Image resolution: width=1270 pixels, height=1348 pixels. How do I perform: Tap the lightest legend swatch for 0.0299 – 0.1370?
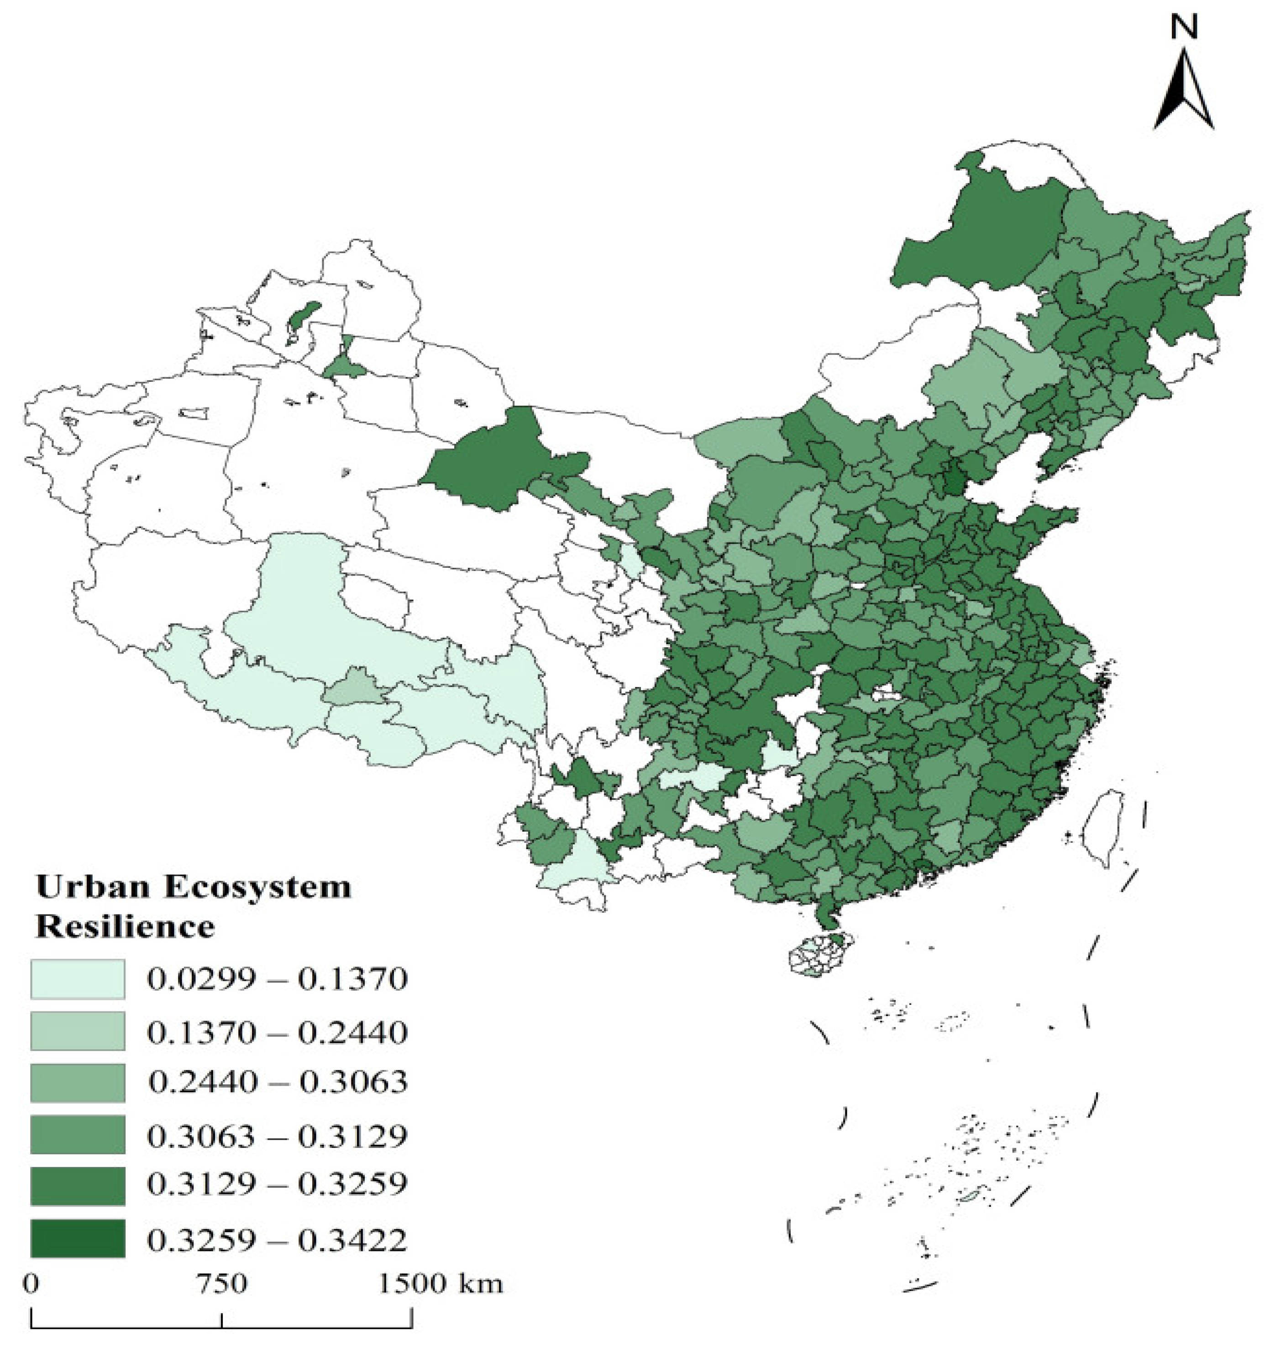tap(77, 979)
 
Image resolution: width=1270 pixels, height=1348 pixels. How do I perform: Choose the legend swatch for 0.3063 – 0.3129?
tap(77, 1134)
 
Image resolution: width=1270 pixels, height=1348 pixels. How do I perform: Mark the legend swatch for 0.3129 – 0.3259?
tap(77, 1186)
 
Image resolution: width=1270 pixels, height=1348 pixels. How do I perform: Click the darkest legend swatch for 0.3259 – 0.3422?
tap(77, 1238)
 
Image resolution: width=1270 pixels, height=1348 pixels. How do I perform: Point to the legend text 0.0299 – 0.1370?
tap(277, 979)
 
